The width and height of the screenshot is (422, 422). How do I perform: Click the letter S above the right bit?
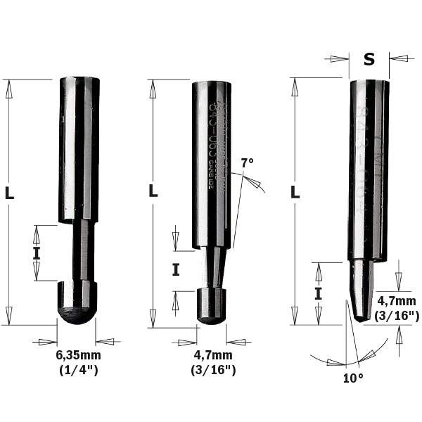[369, 59]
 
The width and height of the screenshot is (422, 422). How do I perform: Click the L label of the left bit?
[10, 194]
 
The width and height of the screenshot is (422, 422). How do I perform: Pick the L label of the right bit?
[295, 191]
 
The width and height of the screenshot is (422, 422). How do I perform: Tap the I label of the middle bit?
[176, 269]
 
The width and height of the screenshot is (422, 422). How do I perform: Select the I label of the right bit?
[318, 293]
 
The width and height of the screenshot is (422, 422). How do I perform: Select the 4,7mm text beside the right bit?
[396, 302]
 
